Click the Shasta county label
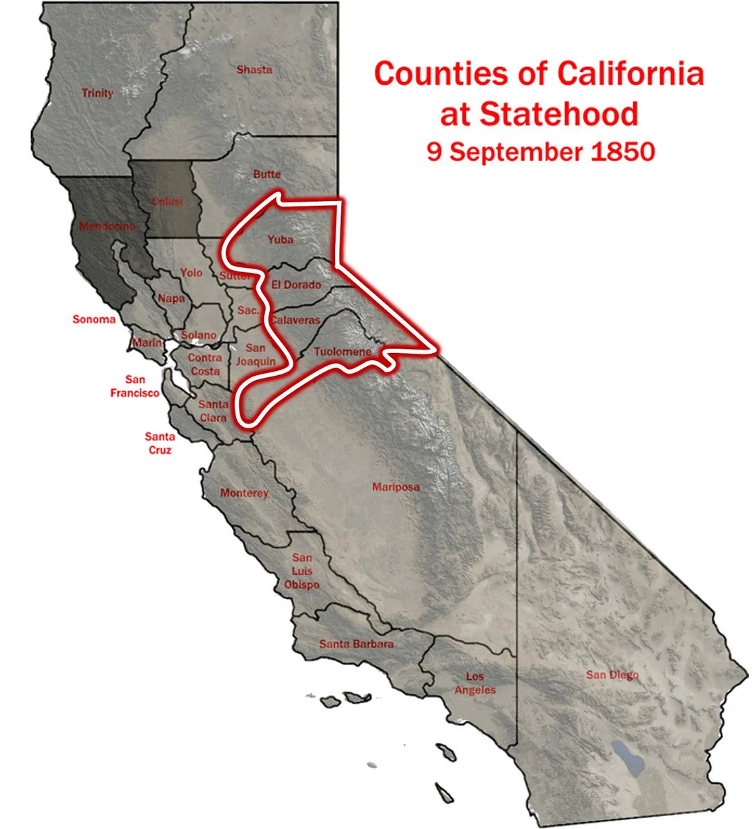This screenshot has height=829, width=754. tap(254, 70)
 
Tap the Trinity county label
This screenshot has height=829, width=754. tap(97, 93)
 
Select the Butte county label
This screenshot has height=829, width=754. tap(267, 174)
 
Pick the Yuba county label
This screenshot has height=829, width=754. tap(280, 240)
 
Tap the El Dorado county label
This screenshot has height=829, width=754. tap(296, 285)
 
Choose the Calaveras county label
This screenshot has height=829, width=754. tap(295, 321)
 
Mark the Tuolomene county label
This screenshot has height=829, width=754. tap(342, 352)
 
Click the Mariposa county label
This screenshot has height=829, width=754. tap(396, 487)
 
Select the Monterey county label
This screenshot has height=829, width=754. tap(244, 493)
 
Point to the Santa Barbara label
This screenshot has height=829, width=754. tap(356, 644)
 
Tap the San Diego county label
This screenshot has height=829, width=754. tap(612, 675)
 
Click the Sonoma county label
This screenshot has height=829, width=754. tap(95, 319)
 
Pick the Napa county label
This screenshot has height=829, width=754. tap(171, 298)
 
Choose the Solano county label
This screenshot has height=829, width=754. tap(199, 335)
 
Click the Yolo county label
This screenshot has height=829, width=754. tap(191, 273)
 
